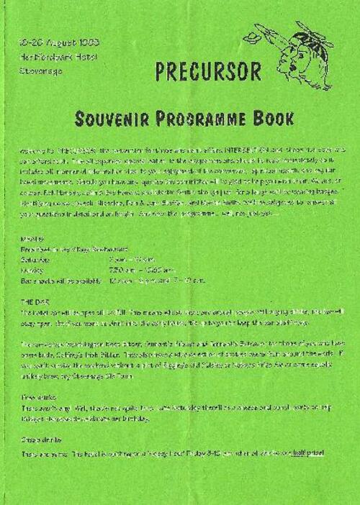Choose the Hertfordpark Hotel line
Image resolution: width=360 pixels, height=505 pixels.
[51, 57]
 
